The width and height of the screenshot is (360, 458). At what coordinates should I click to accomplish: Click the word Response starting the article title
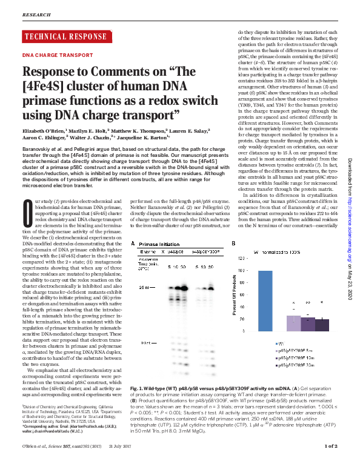coord(51,70)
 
